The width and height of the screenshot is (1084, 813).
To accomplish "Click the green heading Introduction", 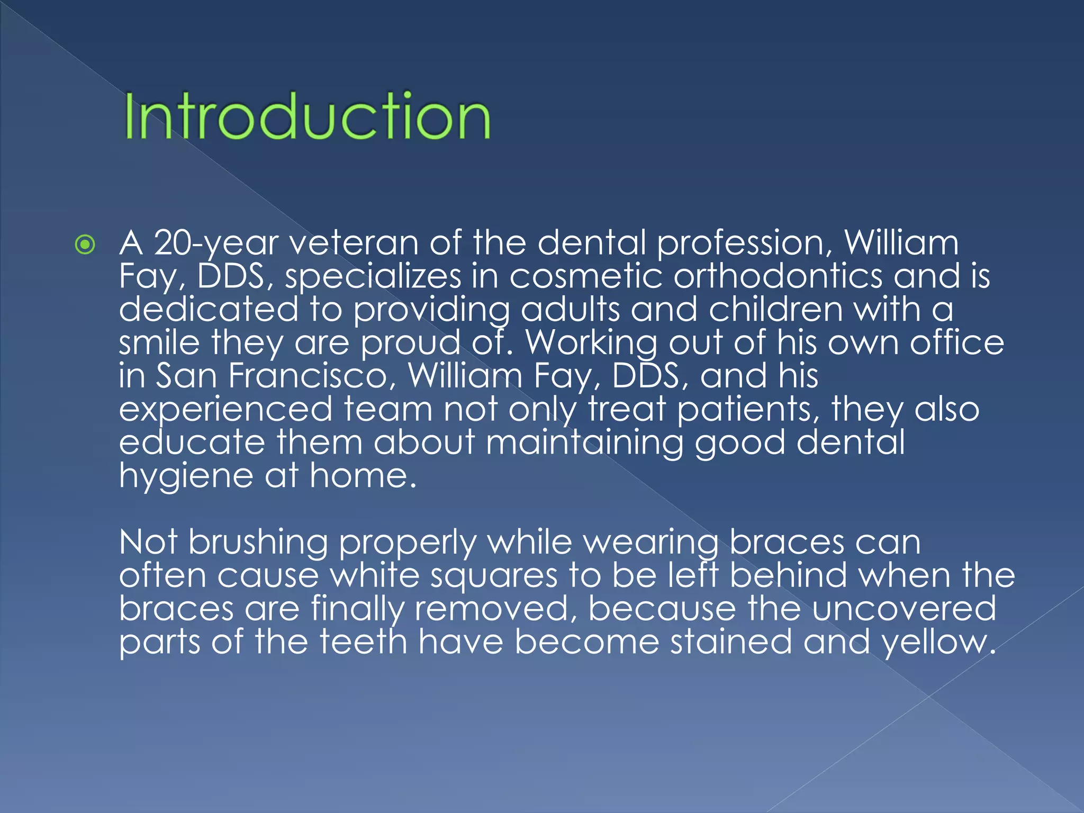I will click(308, 116).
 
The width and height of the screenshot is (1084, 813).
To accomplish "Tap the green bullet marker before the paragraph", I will click(85, 245).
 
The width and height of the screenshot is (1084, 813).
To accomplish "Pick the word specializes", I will click(373, 277).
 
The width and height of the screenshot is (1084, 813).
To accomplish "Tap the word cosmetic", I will click(585, 277).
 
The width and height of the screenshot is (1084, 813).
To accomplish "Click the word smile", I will click(159, 343).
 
